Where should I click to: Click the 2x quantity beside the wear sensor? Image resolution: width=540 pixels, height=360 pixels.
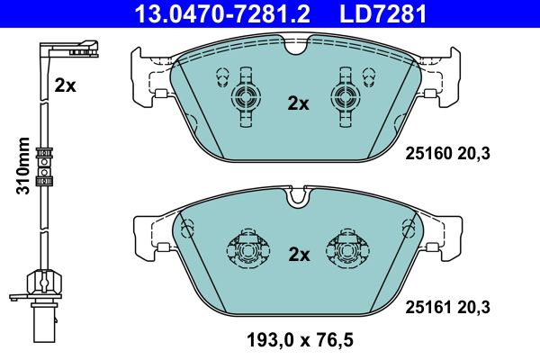(x=65, y=85)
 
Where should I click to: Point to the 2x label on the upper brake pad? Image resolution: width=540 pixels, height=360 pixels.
(x=298, y=103)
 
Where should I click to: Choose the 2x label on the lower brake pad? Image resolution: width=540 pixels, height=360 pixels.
(x=298, y=255)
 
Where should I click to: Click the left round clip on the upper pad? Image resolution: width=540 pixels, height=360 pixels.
(x=245, y=97)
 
